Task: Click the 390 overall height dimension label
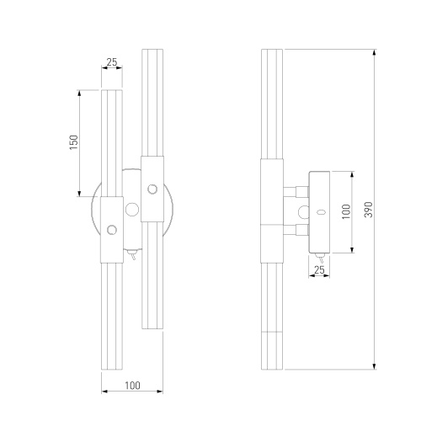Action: click(x=370, y=210)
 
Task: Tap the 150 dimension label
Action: click(x=74, y=142)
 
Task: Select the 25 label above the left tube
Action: click(x=112, y=62)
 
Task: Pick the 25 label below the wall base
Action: click(x=319, y=270)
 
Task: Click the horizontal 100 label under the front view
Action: click(x=132, y=386)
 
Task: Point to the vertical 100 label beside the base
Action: click(x=347, y=211)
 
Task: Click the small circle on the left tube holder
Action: click(x=112, y=230)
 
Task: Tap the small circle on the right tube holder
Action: click(x=152, y=189)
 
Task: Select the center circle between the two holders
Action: click(x=132, y=210)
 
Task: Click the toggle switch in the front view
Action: click(x=132, y=254)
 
